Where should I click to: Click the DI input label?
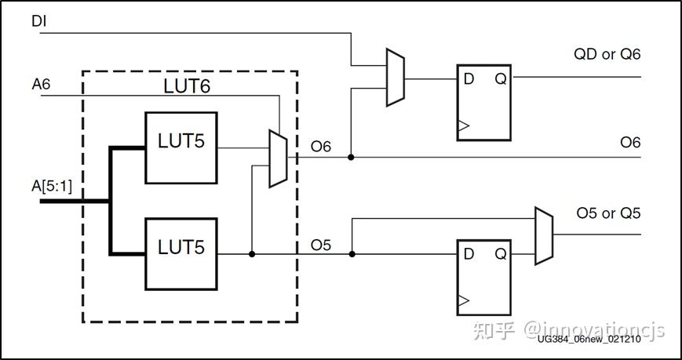pos(39,21)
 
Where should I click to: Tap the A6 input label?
pos(41,84)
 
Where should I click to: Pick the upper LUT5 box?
pos(181,147)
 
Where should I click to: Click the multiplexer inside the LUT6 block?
pos(278,158)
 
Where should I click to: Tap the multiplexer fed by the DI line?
pos(395,78)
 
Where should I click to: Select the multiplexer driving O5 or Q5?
pos(543,236)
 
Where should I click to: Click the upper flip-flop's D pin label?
pos(469,78)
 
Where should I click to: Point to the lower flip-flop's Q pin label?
pos(498,253)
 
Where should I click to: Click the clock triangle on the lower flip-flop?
pos(463,300)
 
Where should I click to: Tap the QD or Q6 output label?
pos(607,54)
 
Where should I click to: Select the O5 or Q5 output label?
pos(608,214)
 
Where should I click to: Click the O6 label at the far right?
pos(630,142)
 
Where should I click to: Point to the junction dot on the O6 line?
pos(351,158)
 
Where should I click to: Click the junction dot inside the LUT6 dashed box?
pos(251,254)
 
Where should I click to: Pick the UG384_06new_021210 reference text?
pos(600,339)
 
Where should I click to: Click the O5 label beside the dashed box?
pos(320,245)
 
